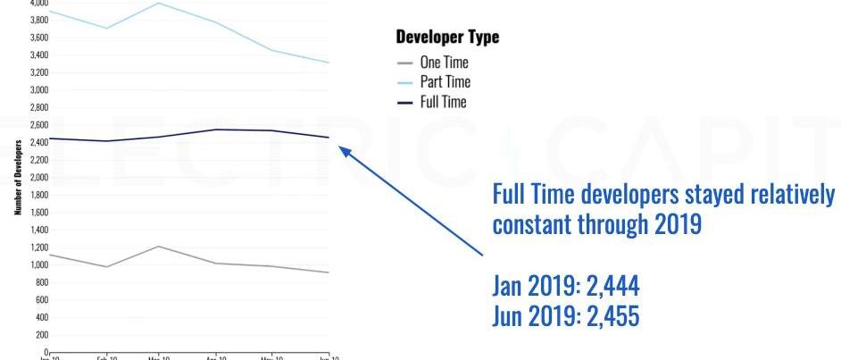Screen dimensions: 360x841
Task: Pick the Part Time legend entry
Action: point(443,82)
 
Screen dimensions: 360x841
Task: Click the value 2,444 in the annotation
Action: point(611,288)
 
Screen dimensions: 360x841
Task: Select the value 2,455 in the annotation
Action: point(610,316)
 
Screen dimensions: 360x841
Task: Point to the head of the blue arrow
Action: point(342,150)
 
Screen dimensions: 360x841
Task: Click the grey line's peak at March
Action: point(158,246)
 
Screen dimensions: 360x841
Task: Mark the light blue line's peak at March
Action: point(158,3)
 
